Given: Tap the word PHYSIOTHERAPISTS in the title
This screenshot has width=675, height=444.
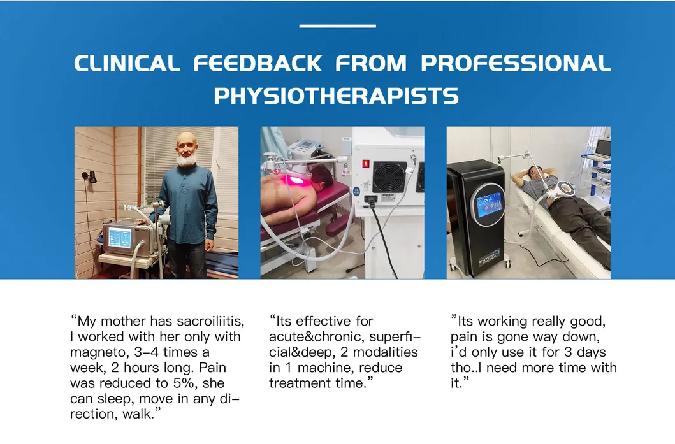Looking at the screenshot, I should click(336, 96).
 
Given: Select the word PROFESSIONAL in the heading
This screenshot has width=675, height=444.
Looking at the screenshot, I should click(515, 64).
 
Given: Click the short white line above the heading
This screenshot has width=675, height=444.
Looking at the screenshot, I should click(337, 26).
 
